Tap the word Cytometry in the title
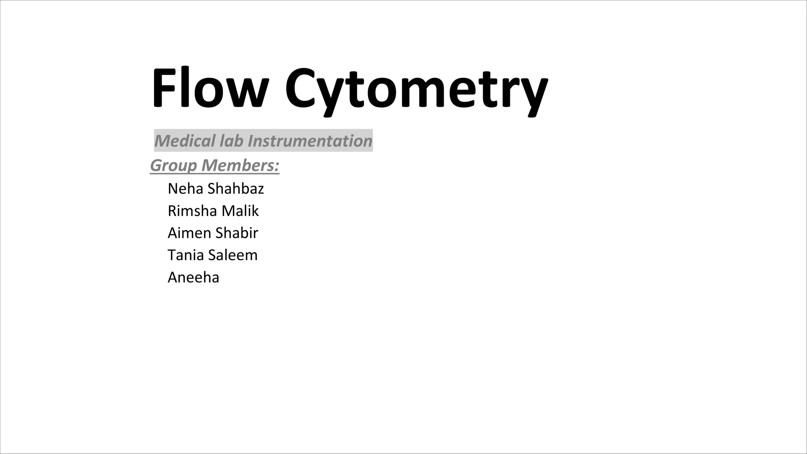(416, 91)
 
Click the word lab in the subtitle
(232, 141)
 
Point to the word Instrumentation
(310, 141)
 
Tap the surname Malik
(240, 211)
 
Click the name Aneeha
(193, 277)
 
